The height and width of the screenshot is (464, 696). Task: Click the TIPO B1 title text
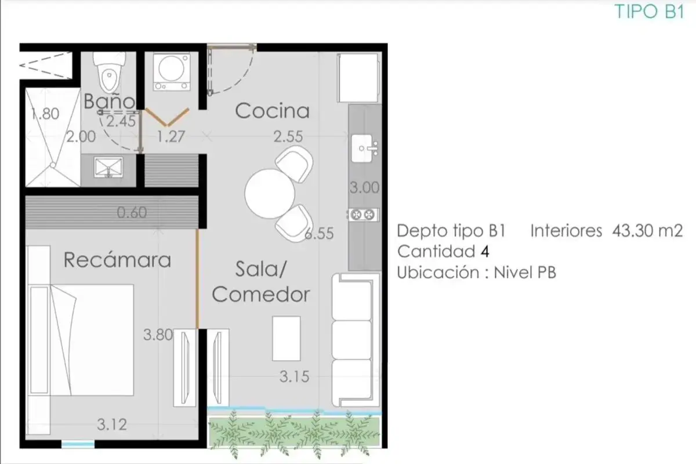[650, 12]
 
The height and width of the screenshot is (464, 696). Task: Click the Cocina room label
[272, 111]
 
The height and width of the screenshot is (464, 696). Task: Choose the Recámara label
[117, 259]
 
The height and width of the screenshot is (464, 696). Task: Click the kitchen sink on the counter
[364, 148]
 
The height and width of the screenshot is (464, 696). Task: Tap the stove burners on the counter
[362, 215]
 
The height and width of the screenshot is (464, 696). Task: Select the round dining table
[269, 194]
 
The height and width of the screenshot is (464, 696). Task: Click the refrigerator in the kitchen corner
[359, 78]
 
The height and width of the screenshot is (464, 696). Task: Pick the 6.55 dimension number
[319, 233]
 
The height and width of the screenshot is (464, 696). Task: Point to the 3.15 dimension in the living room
[294, 376]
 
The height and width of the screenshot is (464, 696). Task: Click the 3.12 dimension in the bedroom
[112, 425]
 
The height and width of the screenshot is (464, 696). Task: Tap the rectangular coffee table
[286, 339]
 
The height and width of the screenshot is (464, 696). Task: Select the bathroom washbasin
[108, 168]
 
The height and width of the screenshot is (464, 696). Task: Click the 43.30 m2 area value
[647, 231]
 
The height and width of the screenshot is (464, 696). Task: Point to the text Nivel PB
[525, 273]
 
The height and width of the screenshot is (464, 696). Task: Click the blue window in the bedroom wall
[78, 444]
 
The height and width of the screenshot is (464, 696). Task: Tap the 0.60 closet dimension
[132, 213]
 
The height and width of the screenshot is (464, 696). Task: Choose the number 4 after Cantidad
[485, 251]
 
